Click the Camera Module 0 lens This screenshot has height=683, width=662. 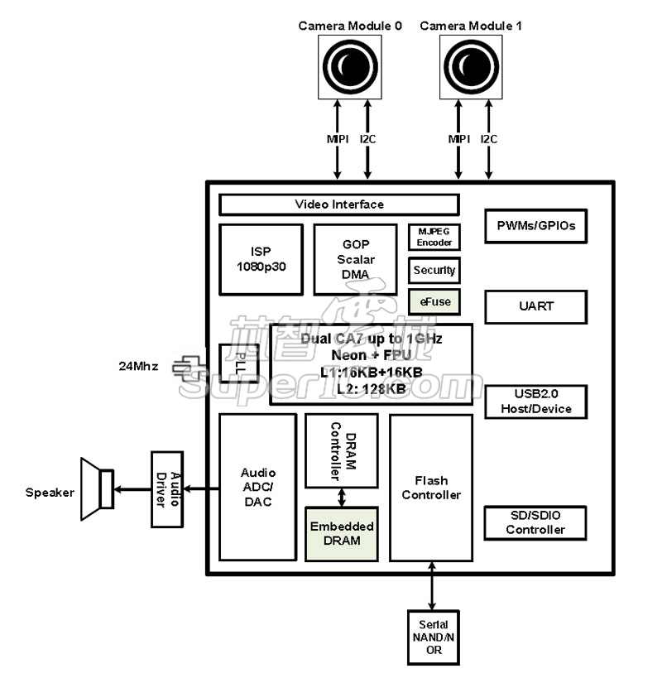coord(351,66)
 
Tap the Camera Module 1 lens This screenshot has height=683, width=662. coord(472,66)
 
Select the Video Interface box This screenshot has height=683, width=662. coord(339,204)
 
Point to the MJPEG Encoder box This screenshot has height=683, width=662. coord(434,237)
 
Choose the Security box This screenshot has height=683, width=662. coord(434,270)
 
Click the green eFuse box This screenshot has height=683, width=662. coord(434,301)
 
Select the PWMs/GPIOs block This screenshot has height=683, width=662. coord(535,225)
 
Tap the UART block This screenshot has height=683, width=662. coord(535,306)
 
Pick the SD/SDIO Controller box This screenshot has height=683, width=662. coord(535,523)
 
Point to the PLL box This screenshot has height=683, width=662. coord(233,363)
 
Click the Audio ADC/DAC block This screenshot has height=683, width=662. coord(257,487)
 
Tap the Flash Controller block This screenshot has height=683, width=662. coord(431,487)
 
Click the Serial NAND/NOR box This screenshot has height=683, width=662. coord(434,637)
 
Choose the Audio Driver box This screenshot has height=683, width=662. coord(166,489)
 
